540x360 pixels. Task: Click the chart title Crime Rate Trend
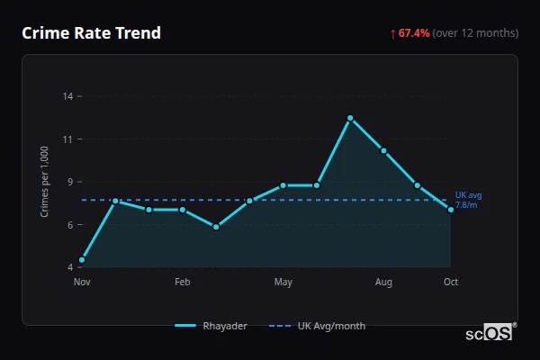click(x=92, y=33)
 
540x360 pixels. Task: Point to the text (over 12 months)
click(x=475, y=33)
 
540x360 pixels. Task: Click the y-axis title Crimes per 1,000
click(x=45, y=180)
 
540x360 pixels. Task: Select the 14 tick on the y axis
click(x=67, y=96)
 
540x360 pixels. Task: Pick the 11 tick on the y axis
click(x=67, y=139)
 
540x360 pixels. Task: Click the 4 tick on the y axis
click(x=70, y=267)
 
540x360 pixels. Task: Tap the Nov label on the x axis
click(x=82, y=283)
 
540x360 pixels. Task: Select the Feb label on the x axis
click(x=183, y=283)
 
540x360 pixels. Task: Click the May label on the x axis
click(x=283, y=283)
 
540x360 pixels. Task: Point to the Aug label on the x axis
click(x=383, y=283)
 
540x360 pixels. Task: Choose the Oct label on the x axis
click(x=451, y=283)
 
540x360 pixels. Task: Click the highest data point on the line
click(x=350, y=118)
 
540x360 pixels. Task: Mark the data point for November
click(x=82, y=260)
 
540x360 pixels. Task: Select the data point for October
click(x=451, y=210)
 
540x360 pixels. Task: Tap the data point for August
click(x=383, y=150)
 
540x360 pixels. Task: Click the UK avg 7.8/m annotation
click(x=468, y=200)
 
